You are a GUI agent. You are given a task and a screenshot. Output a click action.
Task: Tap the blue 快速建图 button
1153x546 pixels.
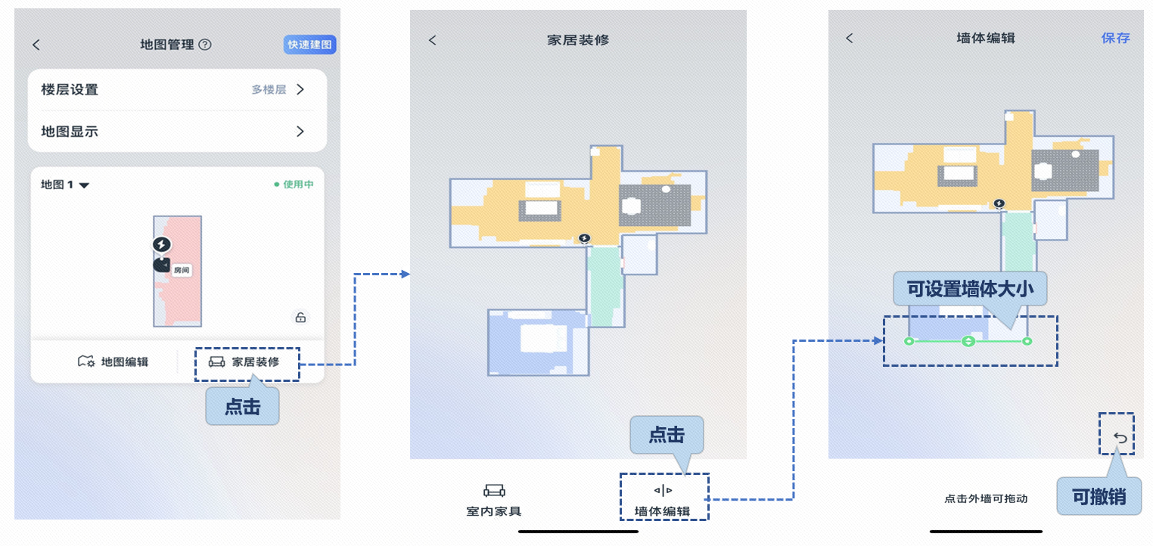310,45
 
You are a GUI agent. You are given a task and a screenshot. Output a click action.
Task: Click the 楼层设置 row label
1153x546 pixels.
70,90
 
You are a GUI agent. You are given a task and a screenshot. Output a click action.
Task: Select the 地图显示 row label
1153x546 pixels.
70,132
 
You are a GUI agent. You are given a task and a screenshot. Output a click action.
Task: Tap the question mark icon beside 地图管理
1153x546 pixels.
205,45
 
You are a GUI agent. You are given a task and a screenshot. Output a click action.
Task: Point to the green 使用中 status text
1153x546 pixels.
294,185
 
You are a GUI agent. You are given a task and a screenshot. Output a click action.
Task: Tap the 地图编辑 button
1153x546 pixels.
113,361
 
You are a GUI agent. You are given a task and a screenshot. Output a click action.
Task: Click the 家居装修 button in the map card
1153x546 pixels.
245,361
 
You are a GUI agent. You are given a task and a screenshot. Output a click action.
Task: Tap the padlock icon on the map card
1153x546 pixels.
300,318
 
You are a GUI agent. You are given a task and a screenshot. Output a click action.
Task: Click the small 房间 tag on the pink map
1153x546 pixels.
181,270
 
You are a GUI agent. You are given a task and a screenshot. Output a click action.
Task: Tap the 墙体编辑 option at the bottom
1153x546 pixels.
663,501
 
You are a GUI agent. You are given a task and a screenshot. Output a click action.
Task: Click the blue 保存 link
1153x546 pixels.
1115,39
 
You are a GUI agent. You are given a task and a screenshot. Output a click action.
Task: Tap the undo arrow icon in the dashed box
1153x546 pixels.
1120,438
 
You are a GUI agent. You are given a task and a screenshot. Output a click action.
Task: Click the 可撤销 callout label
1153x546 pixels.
1099,497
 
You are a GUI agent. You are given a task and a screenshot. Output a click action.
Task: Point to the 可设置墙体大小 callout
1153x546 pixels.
969,289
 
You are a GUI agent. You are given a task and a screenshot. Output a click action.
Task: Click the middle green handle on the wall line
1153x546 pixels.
968,342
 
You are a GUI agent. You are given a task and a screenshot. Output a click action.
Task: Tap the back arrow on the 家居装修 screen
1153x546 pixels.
433,40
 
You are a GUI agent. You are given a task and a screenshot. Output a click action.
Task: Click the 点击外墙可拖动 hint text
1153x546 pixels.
986,499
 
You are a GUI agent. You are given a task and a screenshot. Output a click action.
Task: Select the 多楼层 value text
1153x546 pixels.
269,90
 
